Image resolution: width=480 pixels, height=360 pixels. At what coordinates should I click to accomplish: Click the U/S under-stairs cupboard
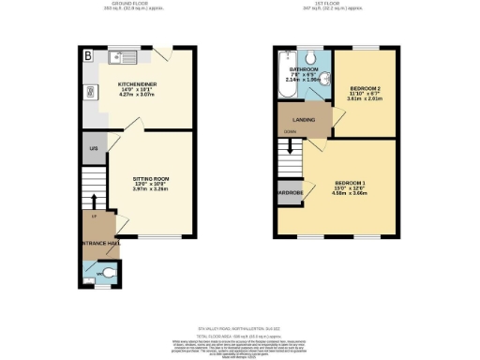pyautogui.click(x=93, y=149)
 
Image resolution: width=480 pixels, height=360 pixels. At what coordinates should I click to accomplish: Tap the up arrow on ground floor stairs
pyautogui.click(x=94, y=200)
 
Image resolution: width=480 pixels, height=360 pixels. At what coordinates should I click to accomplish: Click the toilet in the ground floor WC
pyautogui.click(x=110, y=273)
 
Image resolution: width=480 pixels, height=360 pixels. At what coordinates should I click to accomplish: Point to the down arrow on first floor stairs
pyautogui.click(x=290, y=145)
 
